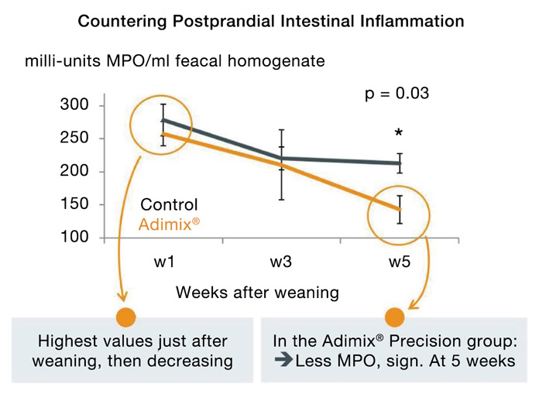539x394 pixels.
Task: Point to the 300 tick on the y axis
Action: coord(75,105)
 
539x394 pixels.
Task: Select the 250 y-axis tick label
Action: coord(75,139)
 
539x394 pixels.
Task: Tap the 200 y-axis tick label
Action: coord(75,171)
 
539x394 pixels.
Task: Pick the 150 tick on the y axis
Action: coord(75,204)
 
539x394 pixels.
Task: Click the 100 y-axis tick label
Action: coord(75,237)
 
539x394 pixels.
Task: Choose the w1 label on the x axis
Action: coord(163,262)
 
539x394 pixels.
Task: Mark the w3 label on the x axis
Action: coord(281,262)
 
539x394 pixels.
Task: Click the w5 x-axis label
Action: coord(400,262)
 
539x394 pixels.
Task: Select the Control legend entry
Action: coord(169,205)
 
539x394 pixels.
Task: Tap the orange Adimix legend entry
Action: coord(172,225)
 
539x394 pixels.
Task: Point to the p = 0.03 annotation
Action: coord(397,94)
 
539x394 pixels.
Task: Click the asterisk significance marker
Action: coord(398,134)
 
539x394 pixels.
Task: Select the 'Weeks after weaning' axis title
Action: coord(257,293)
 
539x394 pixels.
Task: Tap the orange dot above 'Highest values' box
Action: coord(125,317)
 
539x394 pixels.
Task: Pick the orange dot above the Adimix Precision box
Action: coord(395,317)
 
